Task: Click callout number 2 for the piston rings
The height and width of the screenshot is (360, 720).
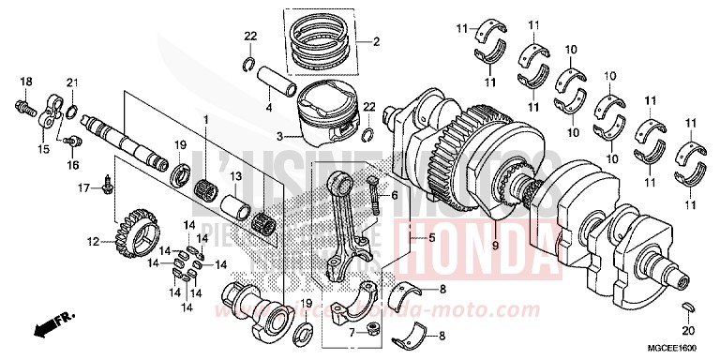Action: (376, 42)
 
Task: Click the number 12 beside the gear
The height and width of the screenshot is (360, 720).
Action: (94, 242)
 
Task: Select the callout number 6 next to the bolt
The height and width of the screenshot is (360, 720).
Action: (395, 196)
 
